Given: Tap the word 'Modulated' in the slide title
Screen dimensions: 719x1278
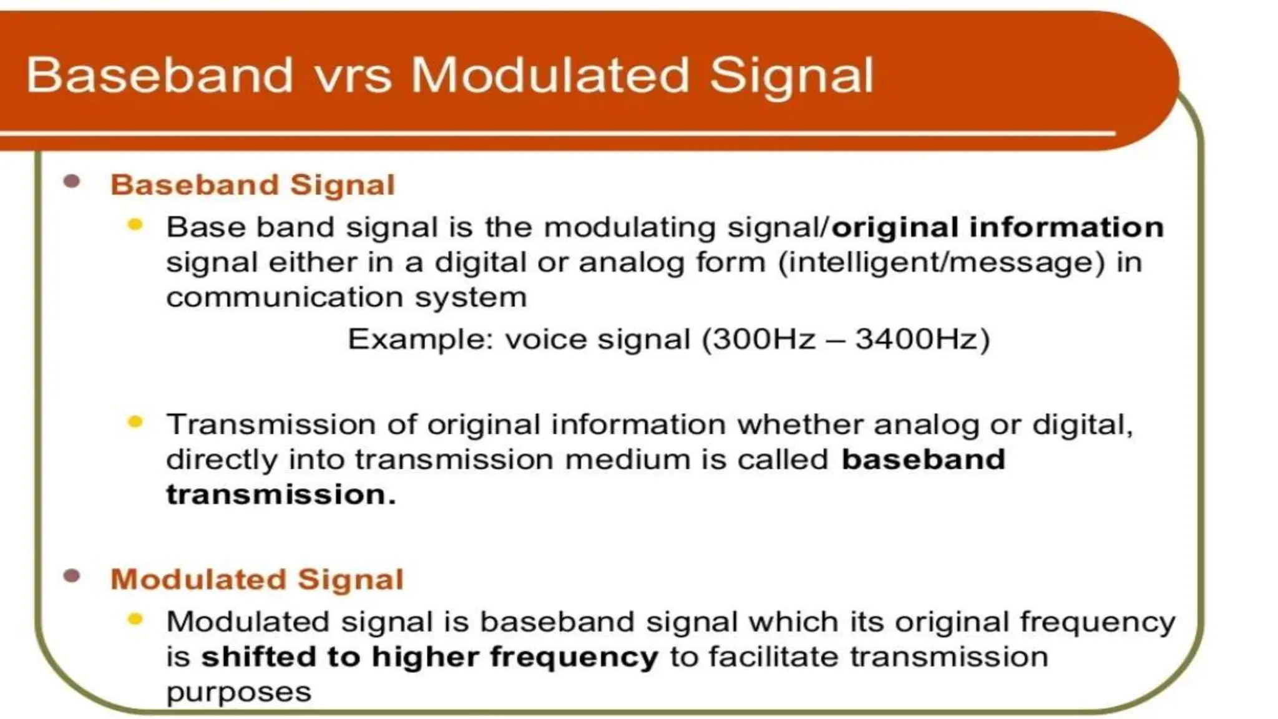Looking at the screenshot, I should click(x=550, y=76).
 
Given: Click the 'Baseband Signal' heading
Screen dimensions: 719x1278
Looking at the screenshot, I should click(x=253, y=185).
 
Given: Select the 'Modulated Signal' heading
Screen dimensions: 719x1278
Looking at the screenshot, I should click(x=257, y=579).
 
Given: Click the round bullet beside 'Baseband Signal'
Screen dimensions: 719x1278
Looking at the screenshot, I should click(x=72, y=182).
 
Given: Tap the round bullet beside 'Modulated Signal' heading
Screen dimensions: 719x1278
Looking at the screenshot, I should click(x=72, y=575).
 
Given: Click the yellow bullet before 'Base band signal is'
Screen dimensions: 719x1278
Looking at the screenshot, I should click(x=135, y=225).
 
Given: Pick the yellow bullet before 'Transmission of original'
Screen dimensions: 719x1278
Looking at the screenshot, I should click(x=135, y=423).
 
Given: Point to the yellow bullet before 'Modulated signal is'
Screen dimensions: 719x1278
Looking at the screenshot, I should click(x=135, y=619).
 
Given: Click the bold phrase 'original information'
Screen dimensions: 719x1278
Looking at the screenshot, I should click(x=998, y=227).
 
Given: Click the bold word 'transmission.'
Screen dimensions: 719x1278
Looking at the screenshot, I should click(x=281, y=495).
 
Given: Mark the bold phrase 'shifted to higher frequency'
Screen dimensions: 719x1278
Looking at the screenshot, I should click(x=429, y=657).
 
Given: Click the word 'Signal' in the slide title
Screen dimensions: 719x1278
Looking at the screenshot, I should click(x=791, y=76).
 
